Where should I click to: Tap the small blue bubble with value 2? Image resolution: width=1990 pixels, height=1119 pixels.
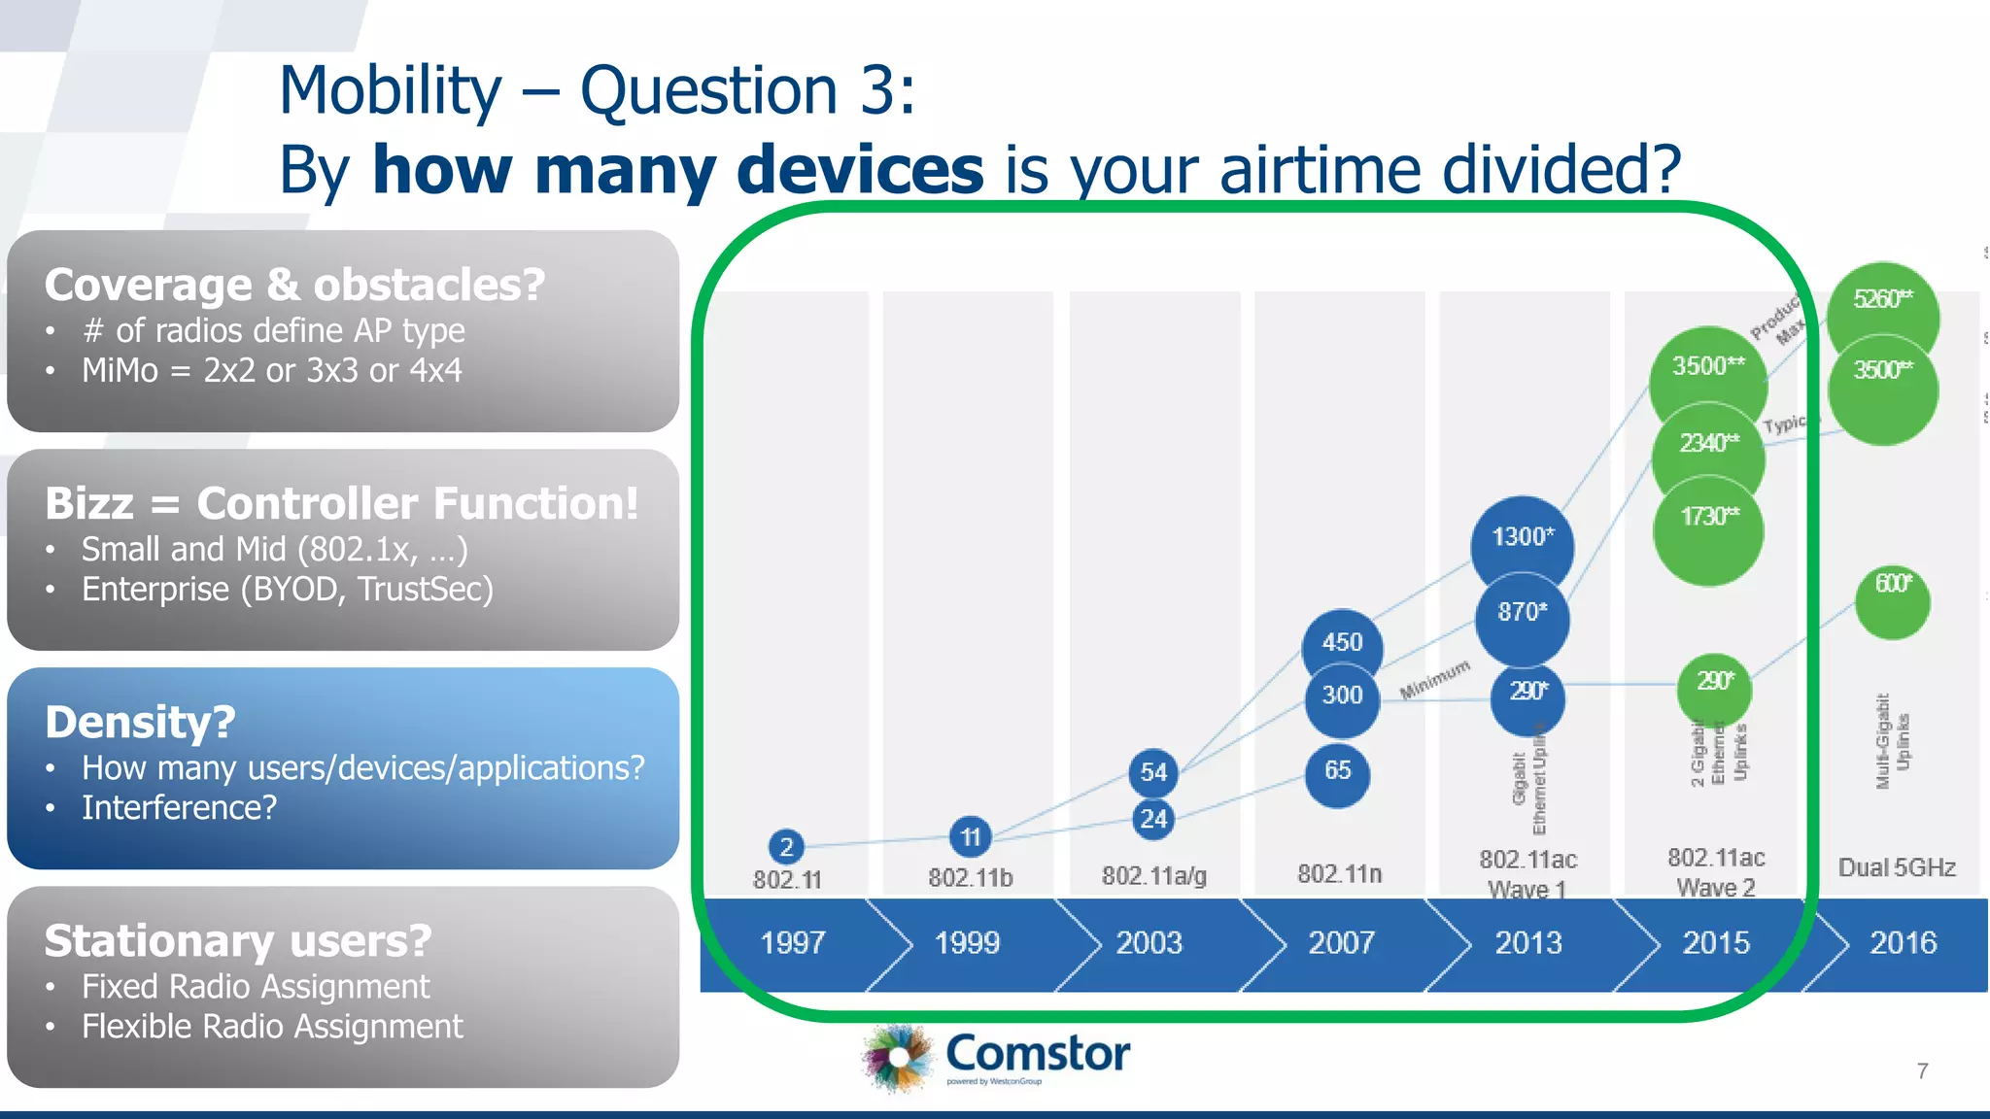tap(786, 847)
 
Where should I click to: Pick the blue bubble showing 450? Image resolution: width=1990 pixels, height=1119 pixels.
tap(1342, 642)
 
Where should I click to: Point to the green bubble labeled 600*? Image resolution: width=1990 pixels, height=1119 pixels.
tap(1892, 600)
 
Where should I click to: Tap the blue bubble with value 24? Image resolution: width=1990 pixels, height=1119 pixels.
tap(1153, 819)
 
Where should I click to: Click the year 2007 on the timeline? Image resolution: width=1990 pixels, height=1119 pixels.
tap(1340, 943)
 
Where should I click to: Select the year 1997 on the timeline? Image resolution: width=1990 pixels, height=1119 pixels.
tap(792, 943)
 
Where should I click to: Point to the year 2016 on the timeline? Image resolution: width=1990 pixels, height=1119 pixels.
tap(1903, 943)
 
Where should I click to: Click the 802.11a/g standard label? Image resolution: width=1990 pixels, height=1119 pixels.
tap(1153, 876)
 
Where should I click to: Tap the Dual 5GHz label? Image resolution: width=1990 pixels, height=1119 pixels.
tap(1896, 867)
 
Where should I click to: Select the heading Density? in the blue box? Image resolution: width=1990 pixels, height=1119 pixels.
tap(140, 723)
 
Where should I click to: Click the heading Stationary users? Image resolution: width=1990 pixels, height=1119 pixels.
tap(238, 941)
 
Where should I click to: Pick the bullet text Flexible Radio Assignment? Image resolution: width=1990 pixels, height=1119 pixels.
tap(272, 1027)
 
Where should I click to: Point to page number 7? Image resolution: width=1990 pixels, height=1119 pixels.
tap(1922, 1071)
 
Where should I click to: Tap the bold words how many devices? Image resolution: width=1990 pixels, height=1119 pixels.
tap(677, 170)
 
